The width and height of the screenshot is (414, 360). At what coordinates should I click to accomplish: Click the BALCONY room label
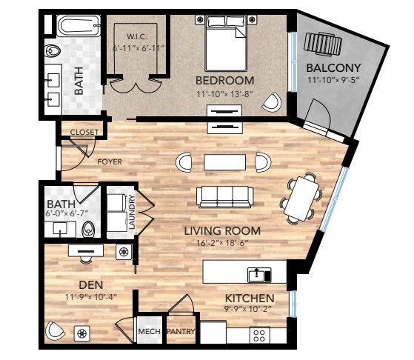[333, 68]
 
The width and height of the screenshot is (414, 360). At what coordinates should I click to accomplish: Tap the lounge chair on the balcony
[323, 44]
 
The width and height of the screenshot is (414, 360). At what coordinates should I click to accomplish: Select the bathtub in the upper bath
[79, 26]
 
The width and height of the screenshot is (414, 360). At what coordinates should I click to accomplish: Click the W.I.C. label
[136, 37]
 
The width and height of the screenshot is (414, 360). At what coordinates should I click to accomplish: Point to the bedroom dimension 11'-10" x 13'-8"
[224, 94]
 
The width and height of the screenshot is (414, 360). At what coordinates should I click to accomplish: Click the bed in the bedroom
[227, 43]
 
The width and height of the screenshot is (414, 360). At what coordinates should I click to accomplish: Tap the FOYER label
[110, 161]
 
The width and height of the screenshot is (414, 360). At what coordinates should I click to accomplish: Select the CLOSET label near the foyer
[84, 132]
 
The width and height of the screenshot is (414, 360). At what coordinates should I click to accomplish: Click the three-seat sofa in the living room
[224, 197]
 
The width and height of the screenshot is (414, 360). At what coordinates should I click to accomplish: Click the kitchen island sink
[259, 275]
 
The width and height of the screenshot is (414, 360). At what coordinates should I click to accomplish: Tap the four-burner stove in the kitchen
[259, 336]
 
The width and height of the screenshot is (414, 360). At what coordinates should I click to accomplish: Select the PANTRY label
[181, 331]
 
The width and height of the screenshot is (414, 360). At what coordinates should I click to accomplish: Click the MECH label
[149, 331]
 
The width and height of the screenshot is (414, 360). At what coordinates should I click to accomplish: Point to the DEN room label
[91, 284]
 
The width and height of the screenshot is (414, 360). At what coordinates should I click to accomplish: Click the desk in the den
[86, 250]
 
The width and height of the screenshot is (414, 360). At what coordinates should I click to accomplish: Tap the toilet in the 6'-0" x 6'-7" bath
[88, 229]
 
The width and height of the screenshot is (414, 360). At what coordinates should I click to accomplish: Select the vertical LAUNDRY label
[132, 212]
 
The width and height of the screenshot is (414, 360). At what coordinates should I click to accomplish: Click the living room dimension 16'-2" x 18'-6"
[222, 243]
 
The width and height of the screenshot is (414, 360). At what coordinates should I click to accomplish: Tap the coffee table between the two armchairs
[224, 162]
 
